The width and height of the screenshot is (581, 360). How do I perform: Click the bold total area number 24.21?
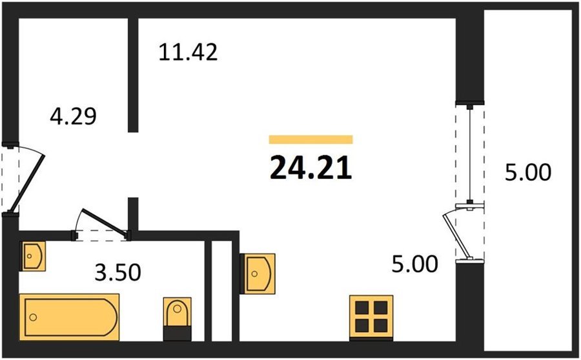[x=311, y=168]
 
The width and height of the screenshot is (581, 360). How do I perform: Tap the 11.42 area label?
[x=188, y=52]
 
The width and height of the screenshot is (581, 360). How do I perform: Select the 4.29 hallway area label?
[x=74, y=115]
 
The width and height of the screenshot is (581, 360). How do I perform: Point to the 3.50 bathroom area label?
[x=118, y=272]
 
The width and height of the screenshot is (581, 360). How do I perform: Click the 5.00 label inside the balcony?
[x=528, y=172]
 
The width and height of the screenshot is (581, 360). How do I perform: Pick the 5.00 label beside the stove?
[x=414, y=264]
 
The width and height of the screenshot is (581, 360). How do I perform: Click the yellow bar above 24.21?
[x=311, y=139]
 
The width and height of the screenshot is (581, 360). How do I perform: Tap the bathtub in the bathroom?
[x=69, y=317]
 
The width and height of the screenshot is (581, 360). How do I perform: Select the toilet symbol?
[x=178, y=319]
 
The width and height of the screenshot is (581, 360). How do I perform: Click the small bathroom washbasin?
[x=33, y=256]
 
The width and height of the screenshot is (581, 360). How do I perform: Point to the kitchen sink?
[x=258, y=274]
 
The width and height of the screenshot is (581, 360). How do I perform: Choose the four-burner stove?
[x=371, y=317]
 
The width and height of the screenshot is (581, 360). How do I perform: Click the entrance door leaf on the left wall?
[x=27, y=183]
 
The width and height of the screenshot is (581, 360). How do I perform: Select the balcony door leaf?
[x=456, y=236]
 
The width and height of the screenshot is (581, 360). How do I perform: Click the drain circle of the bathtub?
[x=34, y=317]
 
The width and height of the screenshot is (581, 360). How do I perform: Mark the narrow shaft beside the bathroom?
[x=221, y=291]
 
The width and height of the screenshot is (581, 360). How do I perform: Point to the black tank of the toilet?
[x=178, y=334]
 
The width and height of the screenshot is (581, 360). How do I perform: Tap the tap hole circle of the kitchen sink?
[x=254, y=274]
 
